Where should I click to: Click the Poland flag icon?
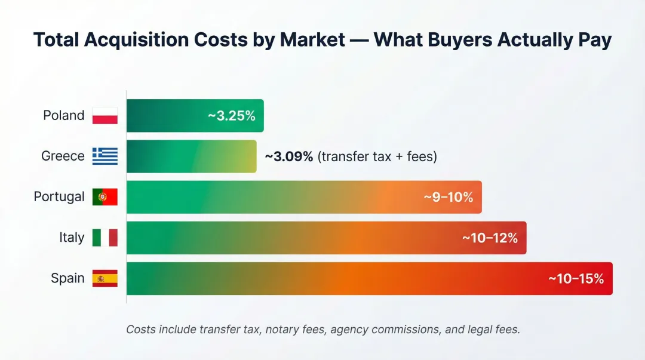coord(105,116)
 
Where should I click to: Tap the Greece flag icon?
coord(105,156)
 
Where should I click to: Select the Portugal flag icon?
coord(105,197)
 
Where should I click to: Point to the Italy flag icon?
coord(105,238)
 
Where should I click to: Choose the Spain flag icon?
coord(105,278)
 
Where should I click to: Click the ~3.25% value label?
coord(231,116)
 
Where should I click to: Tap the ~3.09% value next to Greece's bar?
coord(289,156)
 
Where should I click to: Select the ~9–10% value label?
coord(448,197)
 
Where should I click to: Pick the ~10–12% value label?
coord(490,238)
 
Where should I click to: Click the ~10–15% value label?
coord(576,278)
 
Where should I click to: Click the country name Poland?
coord(64,115)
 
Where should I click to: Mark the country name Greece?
coord(63,156)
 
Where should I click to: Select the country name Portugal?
coord(59,196)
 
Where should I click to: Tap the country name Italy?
coord(72,237)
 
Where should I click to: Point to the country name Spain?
coord(67,278)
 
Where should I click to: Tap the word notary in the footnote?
coord(282,330)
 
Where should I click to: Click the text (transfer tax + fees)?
coord(377,156)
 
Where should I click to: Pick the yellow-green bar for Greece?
coord(191,156)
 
